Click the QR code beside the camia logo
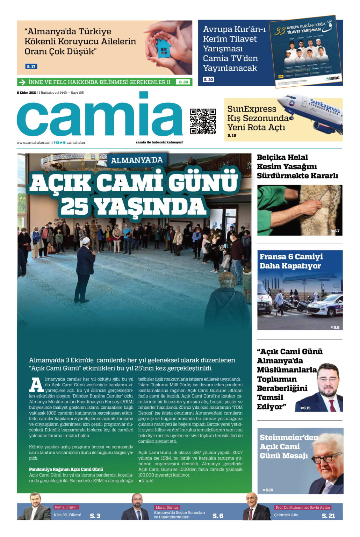(x=203, y=121)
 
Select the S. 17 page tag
(x=31, y=66)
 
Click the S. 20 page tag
(x=208, y=80)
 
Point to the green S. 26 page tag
(x=183, y=82)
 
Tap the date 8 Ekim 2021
(x=27, y=93)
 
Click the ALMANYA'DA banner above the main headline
(x=137, y=160)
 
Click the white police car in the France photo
(x=325, y=306)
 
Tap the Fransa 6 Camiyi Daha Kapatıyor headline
(x=291, y=261)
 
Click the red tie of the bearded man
(x=332, y=405)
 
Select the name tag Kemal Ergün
(x=66, y=507)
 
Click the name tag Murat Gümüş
(x=167, y=507)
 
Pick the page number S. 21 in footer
(x=328, y=516)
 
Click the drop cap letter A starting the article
(x=36, y=385)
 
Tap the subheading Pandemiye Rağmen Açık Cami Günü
(x=66, y=469)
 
